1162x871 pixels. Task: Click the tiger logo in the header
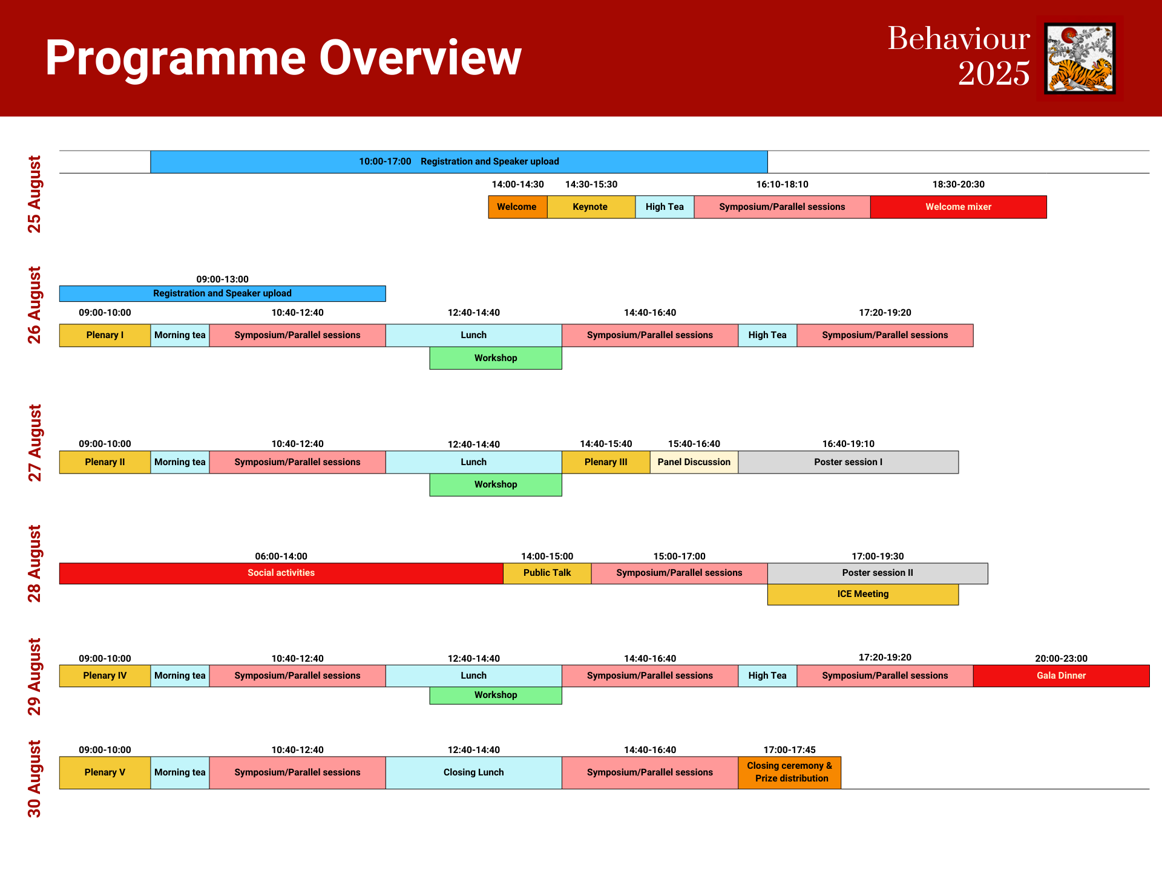coord(1080,59)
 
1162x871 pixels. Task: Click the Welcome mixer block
coord(959,207)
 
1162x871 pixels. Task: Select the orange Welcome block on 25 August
coord(517,207)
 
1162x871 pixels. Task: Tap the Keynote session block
coord(591,207)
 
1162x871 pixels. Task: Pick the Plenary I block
coord(105,335)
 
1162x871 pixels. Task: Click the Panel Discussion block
coord(694,462)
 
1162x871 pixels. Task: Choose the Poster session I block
coord(849,462)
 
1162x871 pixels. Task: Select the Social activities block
coord(281,573)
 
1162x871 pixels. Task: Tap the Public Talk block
coord(547,573)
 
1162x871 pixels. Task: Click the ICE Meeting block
coord(863,595)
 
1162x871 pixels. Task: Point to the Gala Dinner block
coord(1062,676)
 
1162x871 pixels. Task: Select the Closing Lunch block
coord(474,772)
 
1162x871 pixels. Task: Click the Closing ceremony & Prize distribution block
coord(790,772)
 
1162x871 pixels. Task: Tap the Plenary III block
coord(606,462)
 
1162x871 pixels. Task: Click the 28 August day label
coord(34,564)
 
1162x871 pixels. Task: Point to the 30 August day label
coord(34,779)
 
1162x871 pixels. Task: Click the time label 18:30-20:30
coord(959,184)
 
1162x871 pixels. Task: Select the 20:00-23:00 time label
coord(1062,659)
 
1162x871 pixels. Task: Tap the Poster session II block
coord(878,573)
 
